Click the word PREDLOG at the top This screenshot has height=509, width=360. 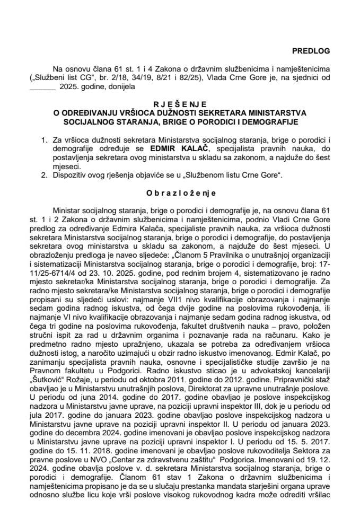point(311,51)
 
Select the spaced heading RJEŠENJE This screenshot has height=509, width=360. point(180,104)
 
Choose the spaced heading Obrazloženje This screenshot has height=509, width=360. point(180,194)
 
